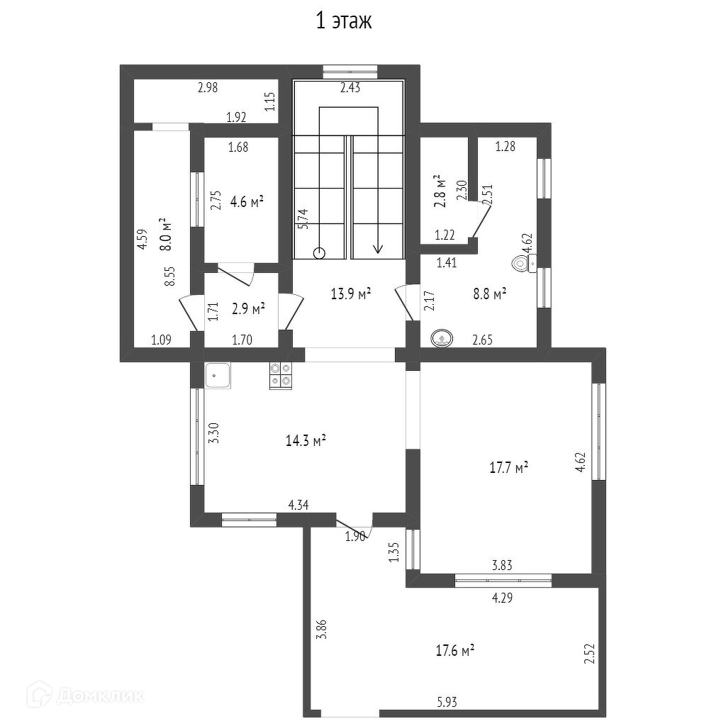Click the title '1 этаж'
tap(344, 21)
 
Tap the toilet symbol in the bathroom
tap(524, 264)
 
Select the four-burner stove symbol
tap(281, 375)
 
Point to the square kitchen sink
tap(218, 375)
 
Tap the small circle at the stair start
tap(319, 253)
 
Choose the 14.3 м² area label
tap(306, 440)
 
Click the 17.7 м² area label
tap(509, 468)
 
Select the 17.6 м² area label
tap(455, 651)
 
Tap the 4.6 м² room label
tap(247, 202)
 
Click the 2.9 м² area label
tap(248, 309)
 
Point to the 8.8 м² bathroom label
tap(489, 294)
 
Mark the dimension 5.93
tap(447, 703)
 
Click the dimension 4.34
tap(298, 505)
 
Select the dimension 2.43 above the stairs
tap(350, 87)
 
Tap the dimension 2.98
tap(208, 87)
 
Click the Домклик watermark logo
tap(86, 695)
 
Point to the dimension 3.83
tap(502, 565)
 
